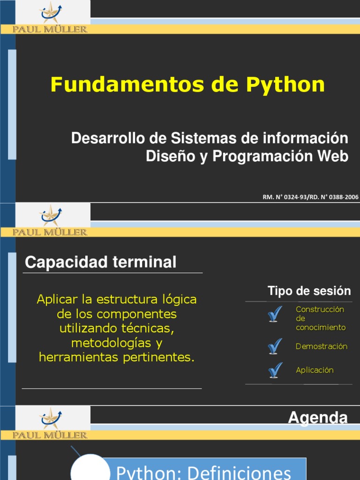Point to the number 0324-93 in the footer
click(291, 197)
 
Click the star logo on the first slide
click(51, 12)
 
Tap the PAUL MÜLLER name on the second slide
click(50, 232)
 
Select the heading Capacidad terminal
click(100, 262)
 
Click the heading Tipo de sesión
click(309, 291)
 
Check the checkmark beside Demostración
click(275, 346)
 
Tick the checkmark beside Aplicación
click(275, 370)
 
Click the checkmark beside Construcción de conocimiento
click(275, 314)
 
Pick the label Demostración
click(322, 346)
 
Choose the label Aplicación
click(315, 370)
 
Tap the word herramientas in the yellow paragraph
click(79, 357)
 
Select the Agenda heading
click(317, 417)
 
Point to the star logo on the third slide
click(51, 418)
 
